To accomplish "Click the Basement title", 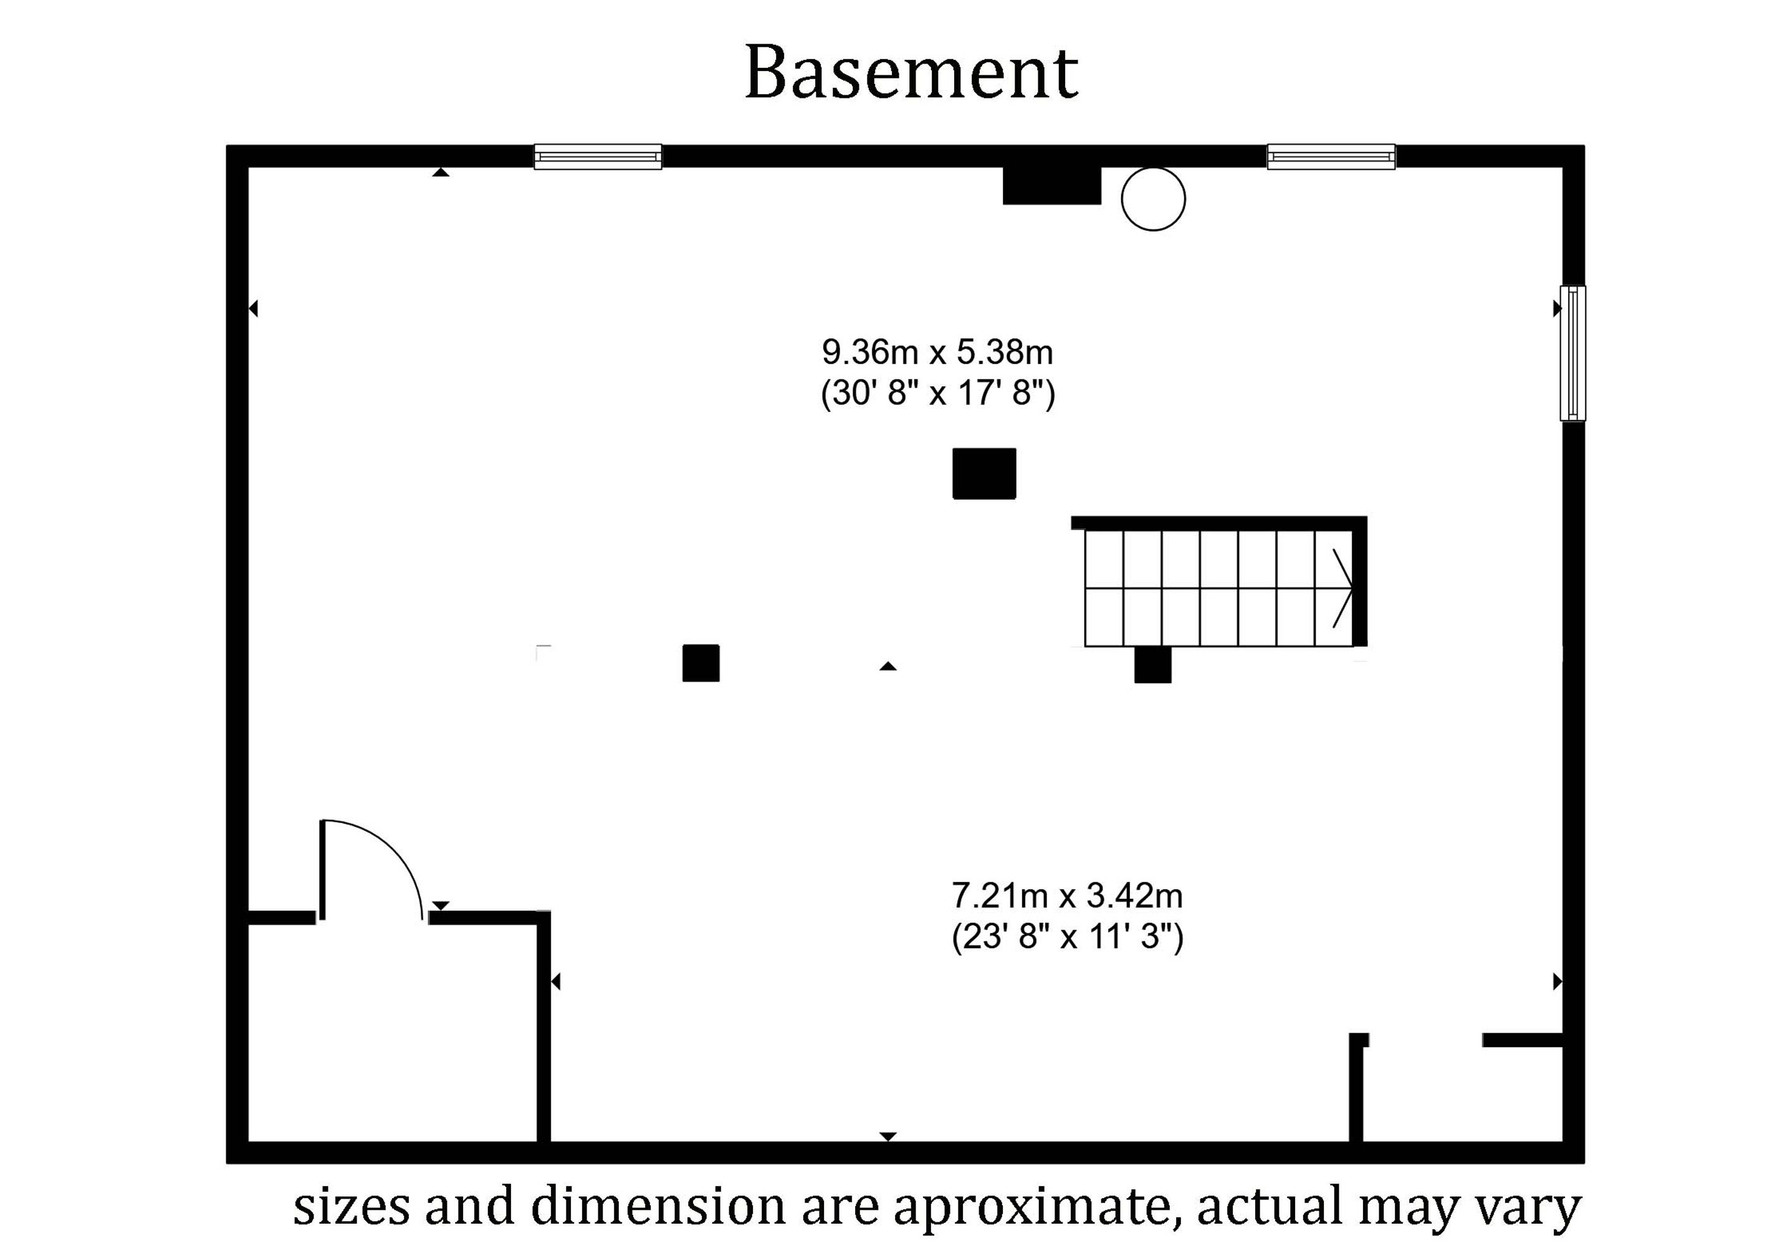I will click(x=911, y=73).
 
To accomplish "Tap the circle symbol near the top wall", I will click(x=1152, y=199).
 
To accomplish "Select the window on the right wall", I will click(x=1572, y=353).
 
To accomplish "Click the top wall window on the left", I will click(x=598, y=157).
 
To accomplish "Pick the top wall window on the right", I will click(x=1331, y=157).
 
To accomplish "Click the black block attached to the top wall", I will click(x=1051, y=185).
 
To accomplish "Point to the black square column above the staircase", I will click(x=983, y=473).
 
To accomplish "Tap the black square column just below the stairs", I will click(x=1152, y=665).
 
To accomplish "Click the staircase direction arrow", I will click(x=1342, y=588).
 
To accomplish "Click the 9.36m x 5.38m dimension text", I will click(x=937, y=353).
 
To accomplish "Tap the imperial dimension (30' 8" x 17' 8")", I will click(x=937, y=394).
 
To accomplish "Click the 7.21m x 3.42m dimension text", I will click(x=1067, y=896).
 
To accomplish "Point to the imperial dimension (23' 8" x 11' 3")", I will click(x=1067, y=938).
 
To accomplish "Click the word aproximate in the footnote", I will click(x=1031, y=1207).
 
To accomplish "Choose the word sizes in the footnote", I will click(x=350, y=1207).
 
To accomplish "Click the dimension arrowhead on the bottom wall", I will click(x=887, y=1136).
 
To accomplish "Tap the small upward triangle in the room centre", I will click(x=887, y=665).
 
